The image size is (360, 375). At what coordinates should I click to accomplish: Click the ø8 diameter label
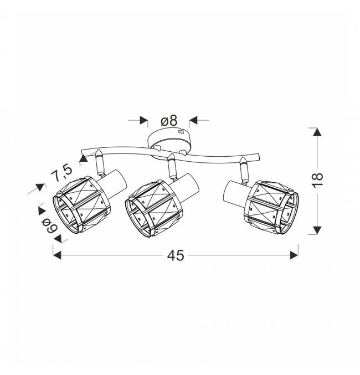pyautogui.click(x=169, y=120)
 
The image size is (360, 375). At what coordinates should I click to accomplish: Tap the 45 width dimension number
pyautogui.click(x=176, y=255)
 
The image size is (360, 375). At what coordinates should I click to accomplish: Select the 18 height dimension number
pyautogui.click(x=318, y=177)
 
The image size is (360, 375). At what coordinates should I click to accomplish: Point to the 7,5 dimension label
pyautogui.click(x=61, y=172)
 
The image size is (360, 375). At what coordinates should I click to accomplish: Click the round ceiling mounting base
pyautogui.click(x=169, y=143)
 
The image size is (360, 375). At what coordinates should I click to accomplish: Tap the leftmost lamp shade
pyautogui.click(x=81, y=206)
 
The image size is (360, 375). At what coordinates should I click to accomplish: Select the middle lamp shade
pyautogui.click(x=154, y=208)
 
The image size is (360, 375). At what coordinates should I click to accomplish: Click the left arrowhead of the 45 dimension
pyautogui.click(x=57, y=255)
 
